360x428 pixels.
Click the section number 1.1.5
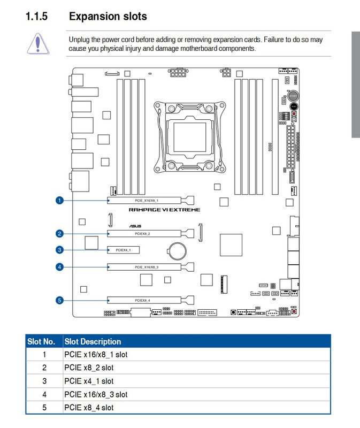[36, 17]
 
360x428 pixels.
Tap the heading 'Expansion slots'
[108, 17]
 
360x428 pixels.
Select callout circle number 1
[59, 201]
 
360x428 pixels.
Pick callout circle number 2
[59, 234]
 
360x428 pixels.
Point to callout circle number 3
[59, 250]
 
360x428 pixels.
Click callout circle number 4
[59, 266]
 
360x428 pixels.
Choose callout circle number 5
[59, 300]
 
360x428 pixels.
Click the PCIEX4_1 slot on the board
[124, 250]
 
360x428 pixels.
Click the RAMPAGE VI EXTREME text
[164, 210]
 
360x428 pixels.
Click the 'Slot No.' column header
[41, 341]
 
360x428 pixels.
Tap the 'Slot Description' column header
[93, 341]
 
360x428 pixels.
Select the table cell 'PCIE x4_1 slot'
[89, 381]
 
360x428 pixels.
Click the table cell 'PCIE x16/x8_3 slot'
[96, 394]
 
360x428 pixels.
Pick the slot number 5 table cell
[44, 408]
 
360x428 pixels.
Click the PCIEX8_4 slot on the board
[146, 300]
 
